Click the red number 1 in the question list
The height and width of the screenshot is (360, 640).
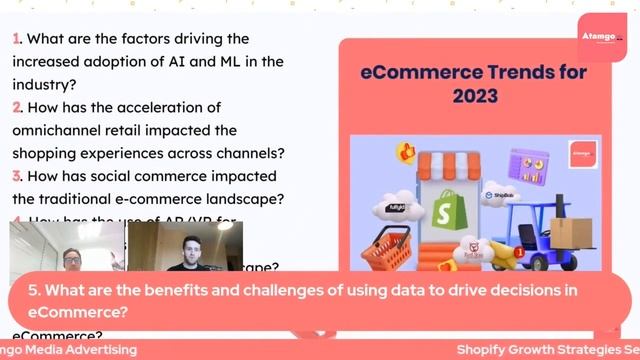[x=16, y=39]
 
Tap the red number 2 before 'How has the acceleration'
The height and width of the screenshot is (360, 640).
[x=17, y=107]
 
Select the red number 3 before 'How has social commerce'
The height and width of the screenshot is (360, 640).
[x=17, y=176]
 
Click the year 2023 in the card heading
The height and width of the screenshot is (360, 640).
[x=474, y=96]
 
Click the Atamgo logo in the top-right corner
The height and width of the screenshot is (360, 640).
[x=602, y=39]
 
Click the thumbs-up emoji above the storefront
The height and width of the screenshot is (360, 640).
[x=406, y=152]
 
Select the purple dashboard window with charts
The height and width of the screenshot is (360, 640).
[x=529, y=163]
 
